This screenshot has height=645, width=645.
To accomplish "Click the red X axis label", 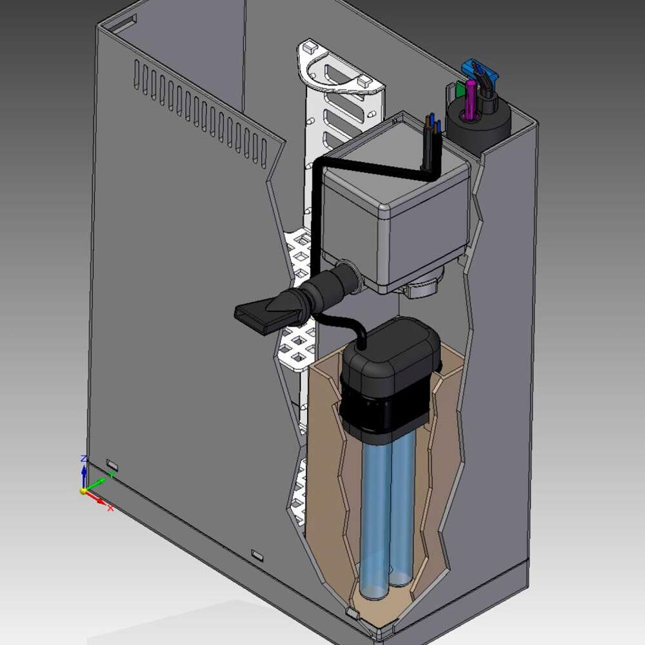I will (x=110, y=508).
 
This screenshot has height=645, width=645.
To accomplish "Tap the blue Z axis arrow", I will (x=84, y=474).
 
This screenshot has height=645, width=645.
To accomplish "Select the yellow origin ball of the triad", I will (x=84, y=491).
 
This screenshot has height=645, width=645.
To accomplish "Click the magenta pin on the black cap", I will (x=471, y=99).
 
